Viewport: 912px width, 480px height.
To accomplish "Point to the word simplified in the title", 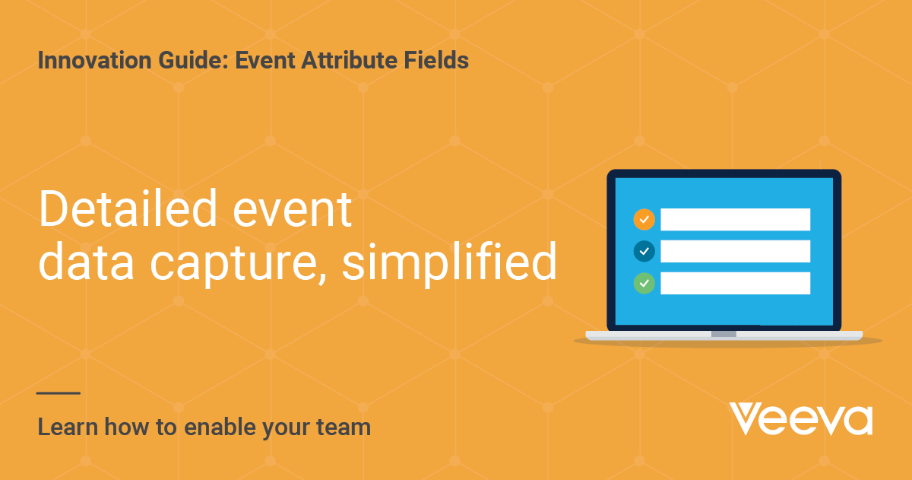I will pyautogui.click(x=449, y=262).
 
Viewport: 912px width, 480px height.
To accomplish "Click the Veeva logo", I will pyautogui.click(x=801, y=418).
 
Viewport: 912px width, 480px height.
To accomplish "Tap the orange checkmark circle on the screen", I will pyautogui.click(x=644, y=219).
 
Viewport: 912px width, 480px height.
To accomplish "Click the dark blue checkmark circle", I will pyautogui.click(x=644, y=251).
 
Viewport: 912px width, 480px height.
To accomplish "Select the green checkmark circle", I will pyautogui.click(x=644, y=283).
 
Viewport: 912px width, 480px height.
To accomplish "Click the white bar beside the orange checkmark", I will pyautogui.click(x=735, y=219).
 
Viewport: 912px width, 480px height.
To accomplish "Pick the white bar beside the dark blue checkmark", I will pyautogui.click(x=735, y=251).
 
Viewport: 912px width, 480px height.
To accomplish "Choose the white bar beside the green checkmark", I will pyautogui.click(x=735, y=283).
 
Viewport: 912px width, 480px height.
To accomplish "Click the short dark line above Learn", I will pyautogui.click(x=59, y=393).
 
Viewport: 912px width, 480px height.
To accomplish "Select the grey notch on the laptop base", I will pyautogui.click(x=724, y=334).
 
